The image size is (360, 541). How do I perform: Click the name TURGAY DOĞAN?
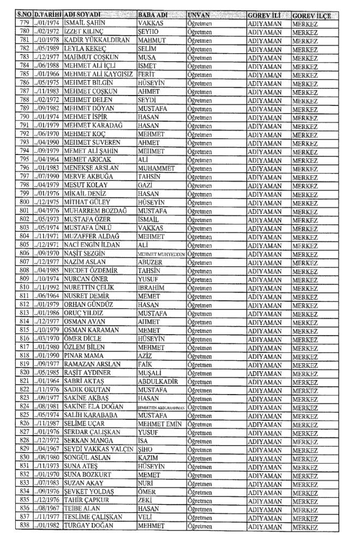pyautogui.click(x=88, y=527)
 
